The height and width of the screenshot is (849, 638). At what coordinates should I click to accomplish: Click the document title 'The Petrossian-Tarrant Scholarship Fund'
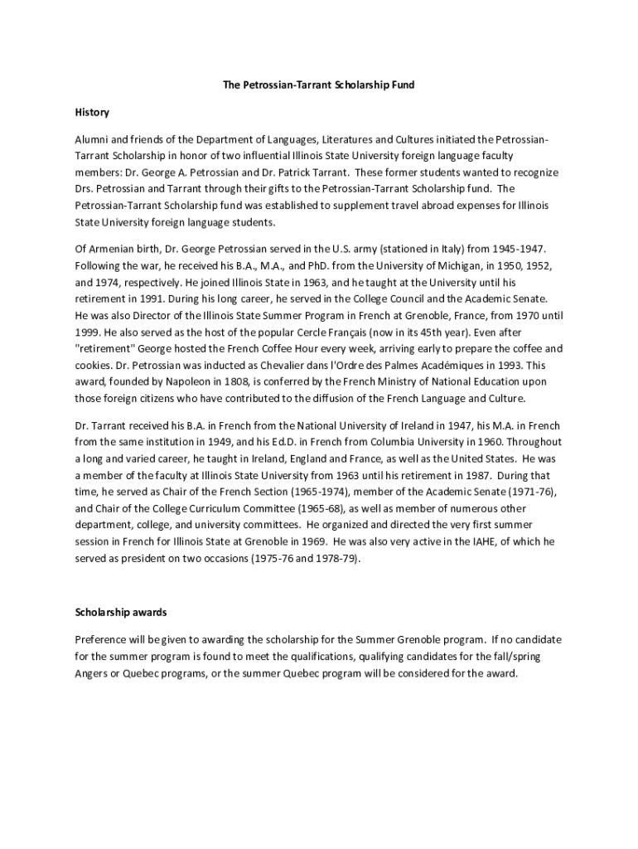(318, 85)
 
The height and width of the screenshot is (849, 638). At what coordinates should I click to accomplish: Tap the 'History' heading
(92, 112)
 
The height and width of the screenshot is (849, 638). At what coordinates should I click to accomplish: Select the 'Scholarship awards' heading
(121, 613)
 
